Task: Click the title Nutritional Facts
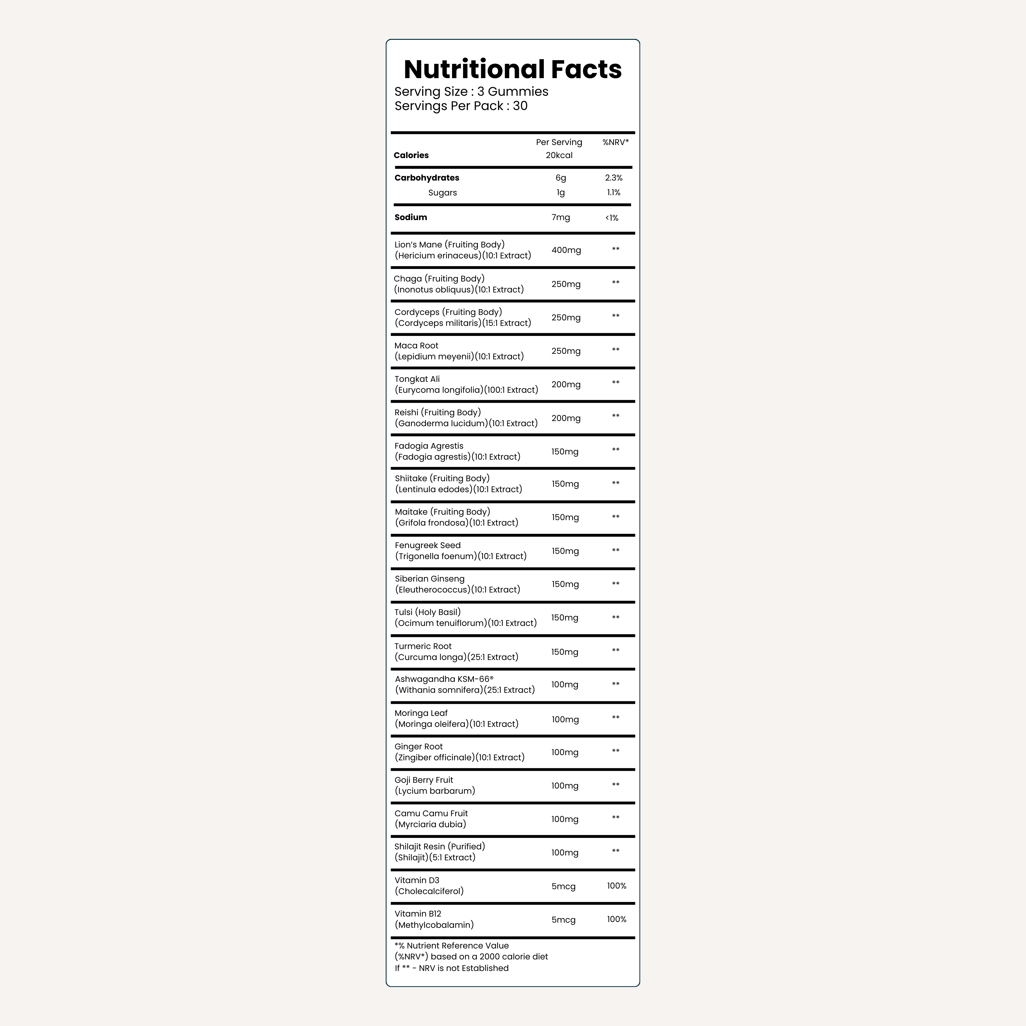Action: point(513,70)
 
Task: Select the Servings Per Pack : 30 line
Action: point(461,106)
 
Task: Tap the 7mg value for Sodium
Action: point(560,217)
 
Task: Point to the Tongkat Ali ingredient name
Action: point(417,379)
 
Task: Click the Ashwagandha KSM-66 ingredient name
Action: point(444,679)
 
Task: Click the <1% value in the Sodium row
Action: point(612,218)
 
